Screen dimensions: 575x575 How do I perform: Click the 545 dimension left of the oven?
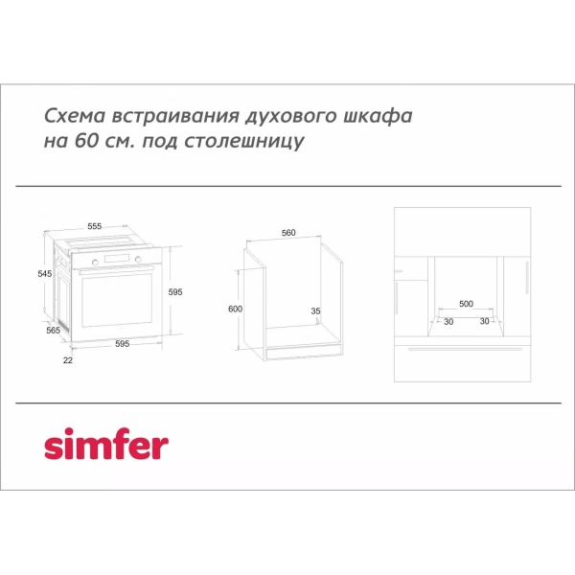pyautogui.click(x=44, y=273)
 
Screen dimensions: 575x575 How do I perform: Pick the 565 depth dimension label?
pyautogui.click(x=54, y=330)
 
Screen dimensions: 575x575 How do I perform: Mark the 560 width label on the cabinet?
pyautogui.click(x=288, y=232)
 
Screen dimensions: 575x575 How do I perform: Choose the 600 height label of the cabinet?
pyautogui.click(x=236, y=309)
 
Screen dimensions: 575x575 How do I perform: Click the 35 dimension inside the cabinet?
pyautogui.click(x=315, y=310)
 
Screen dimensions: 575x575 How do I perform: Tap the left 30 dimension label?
pyautogui.click(x=448, y=321)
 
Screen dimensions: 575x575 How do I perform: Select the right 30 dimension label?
pyautogui.click(x=484, y=321)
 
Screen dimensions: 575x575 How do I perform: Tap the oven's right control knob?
pyautogui.click(x=136, y=261)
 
